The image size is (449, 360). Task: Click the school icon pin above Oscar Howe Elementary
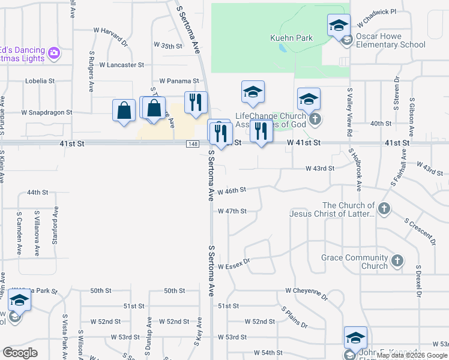(339, 25)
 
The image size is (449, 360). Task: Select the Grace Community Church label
(355, 262)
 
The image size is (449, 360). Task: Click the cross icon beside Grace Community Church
(397, 261)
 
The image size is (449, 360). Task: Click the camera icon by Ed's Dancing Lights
(54, 53)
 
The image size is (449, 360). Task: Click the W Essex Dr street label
(234, 266)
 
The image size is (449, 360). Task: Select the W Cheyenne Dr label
(307, 293)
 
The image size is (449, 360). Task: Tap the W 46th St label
(232, 190)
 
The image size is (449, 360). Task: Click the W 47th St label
(232, 211)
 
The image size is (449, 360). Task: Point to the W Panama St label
(179, 80)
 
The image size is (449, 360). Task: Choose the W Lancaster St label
(122, 64)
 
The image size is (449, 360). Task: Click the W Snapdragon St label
(47, 112)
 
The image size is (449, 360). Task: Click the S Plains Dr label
(295, 317)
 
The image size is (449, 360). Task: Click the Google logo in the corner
(20, 353)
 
